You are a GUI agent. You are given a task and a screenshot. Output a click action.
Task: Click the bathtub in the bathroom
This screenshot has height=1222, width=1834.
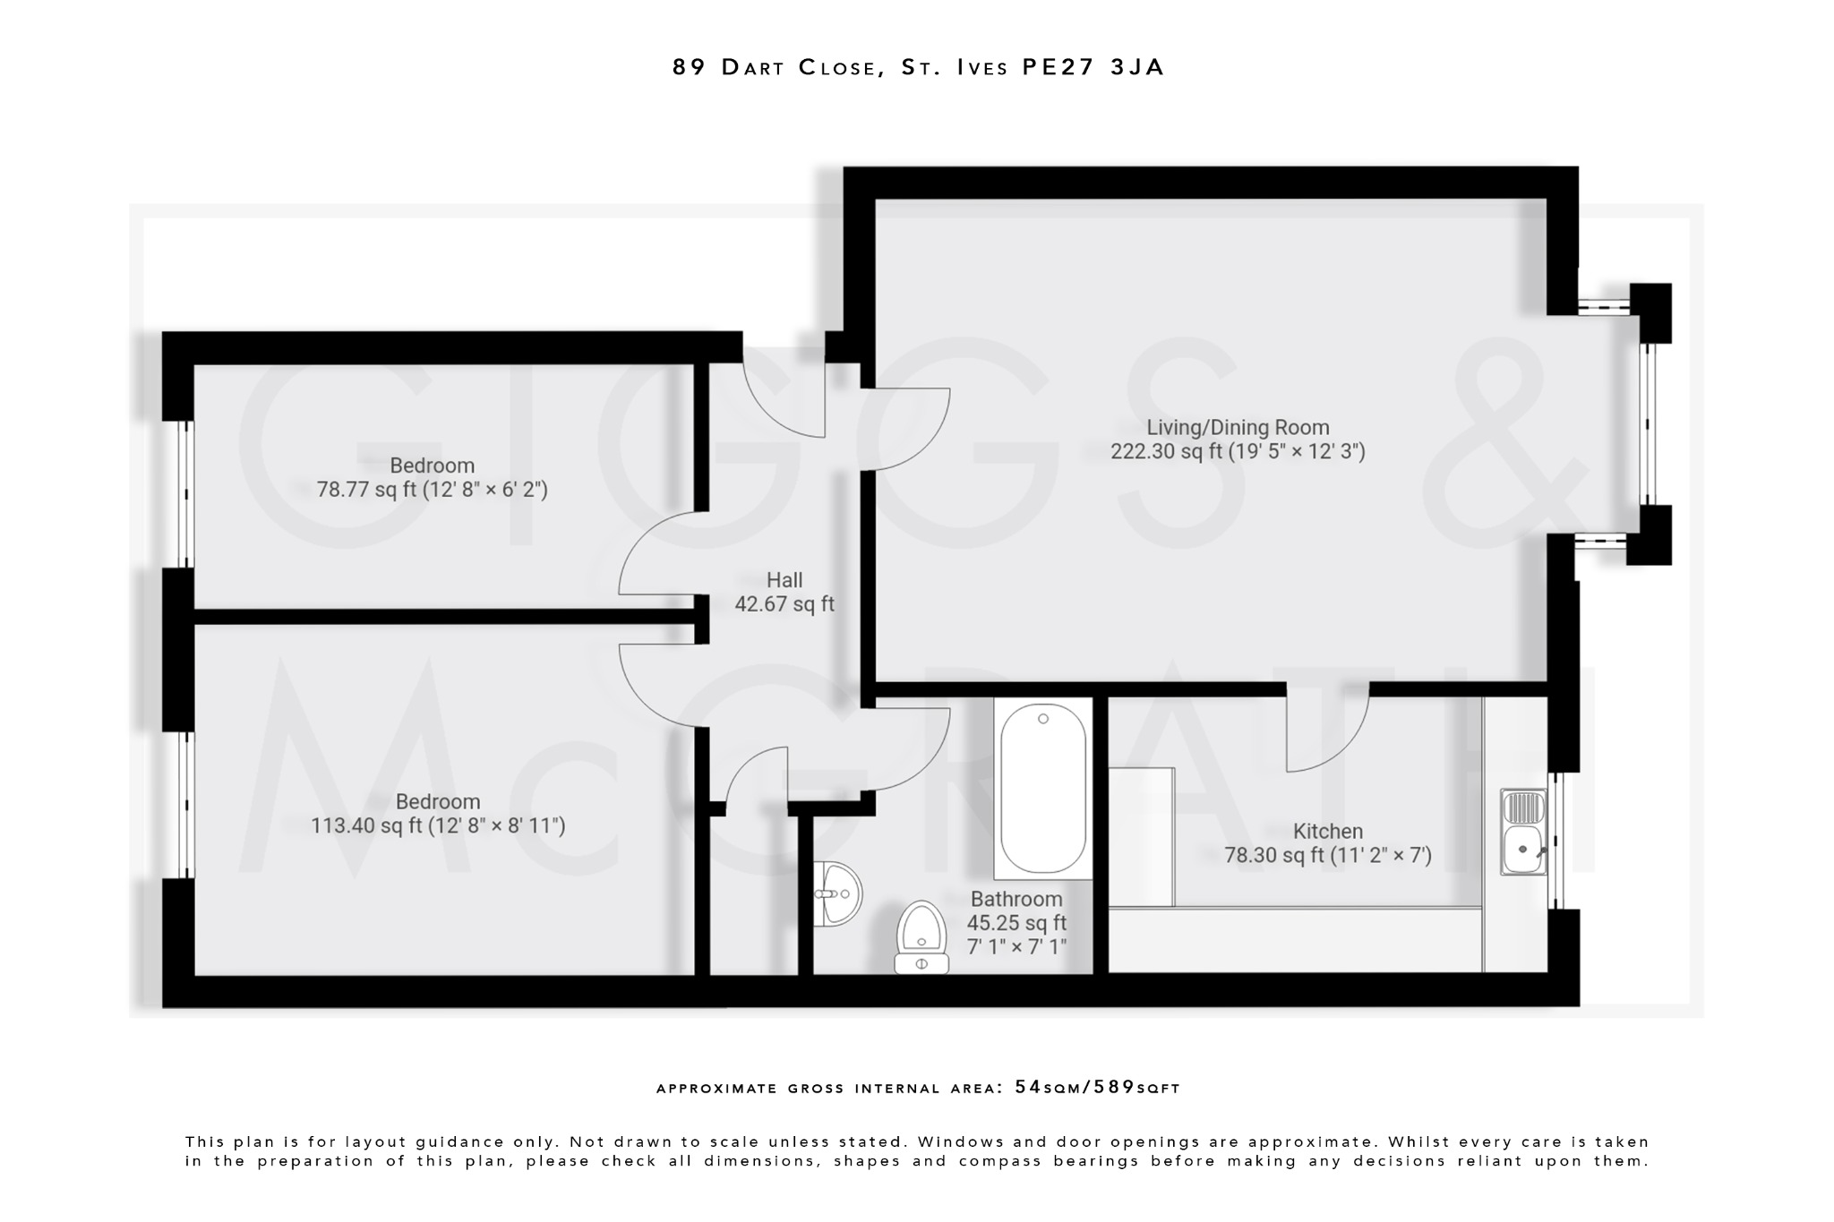[1042, 789]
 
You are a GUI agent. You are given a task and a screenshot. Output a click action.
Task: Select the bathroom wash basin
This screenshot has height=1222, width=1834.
[839, 893]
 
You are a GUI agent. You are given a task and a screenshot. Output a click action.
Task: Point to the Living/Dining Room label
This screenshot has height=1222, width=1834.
[1238, 428]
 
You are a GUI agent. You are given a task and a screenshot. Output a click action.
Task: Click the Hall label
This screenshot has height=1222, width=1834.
[784, 580]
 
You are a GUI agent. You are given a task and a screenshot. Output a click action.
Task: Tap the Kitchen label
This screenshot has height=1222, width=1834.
[1327, 832]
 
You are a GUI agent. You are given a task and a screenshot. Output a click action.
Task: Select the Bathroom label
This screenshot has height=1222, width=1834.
[1016, 899]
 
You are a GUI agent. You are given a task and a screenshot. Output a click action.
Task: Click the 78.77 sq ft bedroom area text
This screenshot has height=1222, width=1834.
[432, 490]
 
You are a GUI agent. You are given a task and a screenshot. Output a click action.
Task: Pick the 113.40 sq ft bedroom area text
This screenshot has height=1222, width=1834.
[438, 825]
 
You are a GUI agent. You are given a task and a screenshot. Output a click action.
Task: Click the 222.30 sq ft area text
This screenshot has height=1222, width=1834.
[1238, 452]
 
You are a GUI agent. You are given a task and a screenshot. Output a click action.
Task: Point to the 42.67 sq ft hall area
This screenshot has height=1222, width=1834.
[784, 604]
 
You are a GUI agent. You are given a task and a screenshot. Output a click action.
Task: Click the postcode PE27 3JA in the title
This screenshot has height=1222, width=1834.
[1093, 67]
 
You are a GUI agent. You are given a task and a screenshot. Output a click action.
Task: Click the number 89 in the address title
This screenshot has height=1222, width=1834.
[690, 67]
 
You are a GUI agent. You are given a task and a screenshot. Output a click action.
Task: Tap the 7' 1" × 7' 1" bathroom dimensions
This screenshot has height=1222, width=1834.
[1016, 946]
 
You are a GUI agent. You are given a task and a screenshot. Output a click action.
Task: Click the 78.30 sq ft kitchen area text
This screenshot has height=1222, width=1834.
[1327, 856]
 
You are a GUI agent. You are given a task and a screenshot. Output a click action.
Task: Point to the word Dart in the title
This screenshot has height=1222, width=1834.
[753, 67]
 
